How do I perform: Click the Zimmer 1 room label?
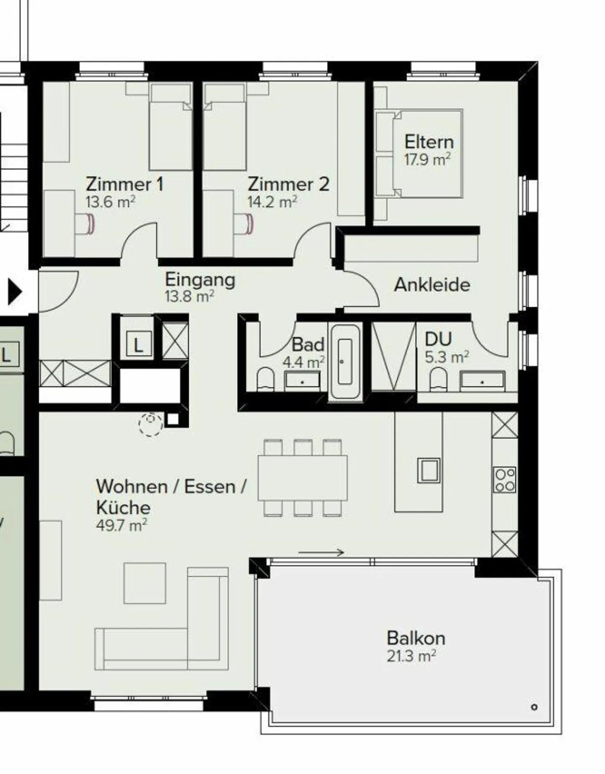(124, 184)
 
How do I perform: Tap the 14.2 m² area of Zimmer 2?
(272, 202)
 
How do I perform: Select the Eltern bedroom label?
(429, 142)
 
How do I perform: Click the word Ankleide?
(432, 285)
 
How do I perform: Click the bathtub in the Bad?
(345, 362)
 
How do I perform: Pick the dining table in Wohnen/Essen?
(302, 478)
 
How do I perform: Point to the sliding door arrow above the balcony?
(321, 553)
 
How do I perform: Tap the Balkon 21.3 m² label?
(416, 646)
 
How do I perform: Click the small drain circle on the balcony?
(534, 707)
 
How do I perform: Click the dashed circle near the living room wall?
(151, 424)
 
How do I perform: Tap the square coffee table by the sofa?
(145, 583)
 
